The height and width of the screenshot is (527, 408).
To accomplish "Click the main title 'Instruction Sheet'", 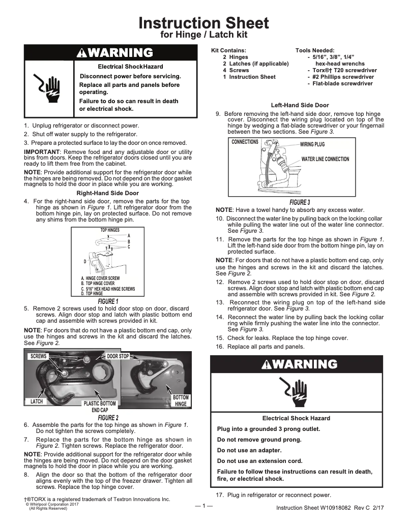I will click(203, 23).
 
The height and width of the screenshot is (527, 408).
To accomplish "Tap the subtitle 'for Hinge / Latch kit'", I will click(203, 35).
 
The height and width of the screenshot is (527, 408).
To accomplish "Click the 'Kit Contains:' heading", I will click(229, 50).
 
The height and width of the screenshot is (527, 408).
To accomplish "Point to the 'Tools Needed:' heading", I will click(315, 50).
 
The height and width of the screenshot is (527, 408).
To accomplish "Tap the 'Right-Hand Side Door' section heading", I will click(107, 193).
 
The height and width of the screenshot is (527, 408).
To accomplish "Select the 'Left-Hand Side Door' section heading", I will click(300, 105).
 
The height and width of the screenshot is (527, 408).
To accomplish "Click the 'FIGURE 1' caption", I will click(108, 301).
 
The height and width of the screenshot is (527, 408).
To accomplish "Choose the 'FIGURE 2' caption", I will click(108, 418).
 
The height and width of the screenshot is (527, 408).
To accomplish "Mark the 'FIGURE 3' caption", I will click(300, 202).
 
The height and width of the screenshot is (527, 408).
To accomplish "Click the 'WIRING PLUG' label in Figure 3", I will click(312, 144).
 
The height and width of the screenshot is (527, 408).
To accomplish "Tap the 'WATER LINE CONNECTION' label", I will click(325, 159).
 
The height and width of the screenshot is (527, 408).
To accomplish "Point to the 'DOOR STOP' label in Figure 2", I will click(118, 356).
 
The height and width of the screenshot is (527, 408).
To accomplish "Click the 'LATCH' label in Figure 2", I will click(37, 401).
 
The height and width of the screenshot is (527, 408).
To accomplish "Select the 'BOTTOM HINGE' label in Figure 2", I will click(181, 400).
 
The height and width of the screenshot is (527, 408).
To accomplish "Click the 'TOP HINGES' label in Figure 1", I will click(110, 230).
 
